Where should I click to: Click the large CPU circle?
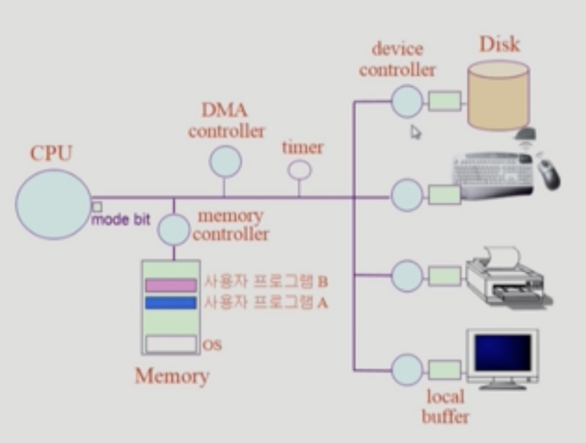pos(53,204)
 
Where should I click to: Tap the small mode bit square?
pos(97,206)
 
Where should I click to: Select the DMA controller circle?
pos(225,161)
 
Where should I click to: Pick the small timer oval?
pos(299,170)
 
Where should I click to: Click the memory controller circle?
pos(173,230)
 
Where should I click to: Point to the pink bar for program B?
pos(171,285)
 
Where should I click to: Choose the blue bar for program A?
pos(171,302)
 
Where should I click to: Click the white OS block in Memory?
pos(171,343)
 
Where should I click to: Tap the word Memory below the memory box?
pos(172,376)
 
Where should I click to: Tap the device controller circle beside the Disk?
pos(407,101)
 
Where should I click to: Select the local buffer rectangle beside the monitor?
pos(444,369)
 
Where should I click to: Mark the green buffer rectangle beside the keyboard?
pos(444,194)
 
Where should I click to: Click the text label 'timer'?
pos(302,148)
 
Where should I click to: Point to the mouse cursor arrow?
pos(415,132)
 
